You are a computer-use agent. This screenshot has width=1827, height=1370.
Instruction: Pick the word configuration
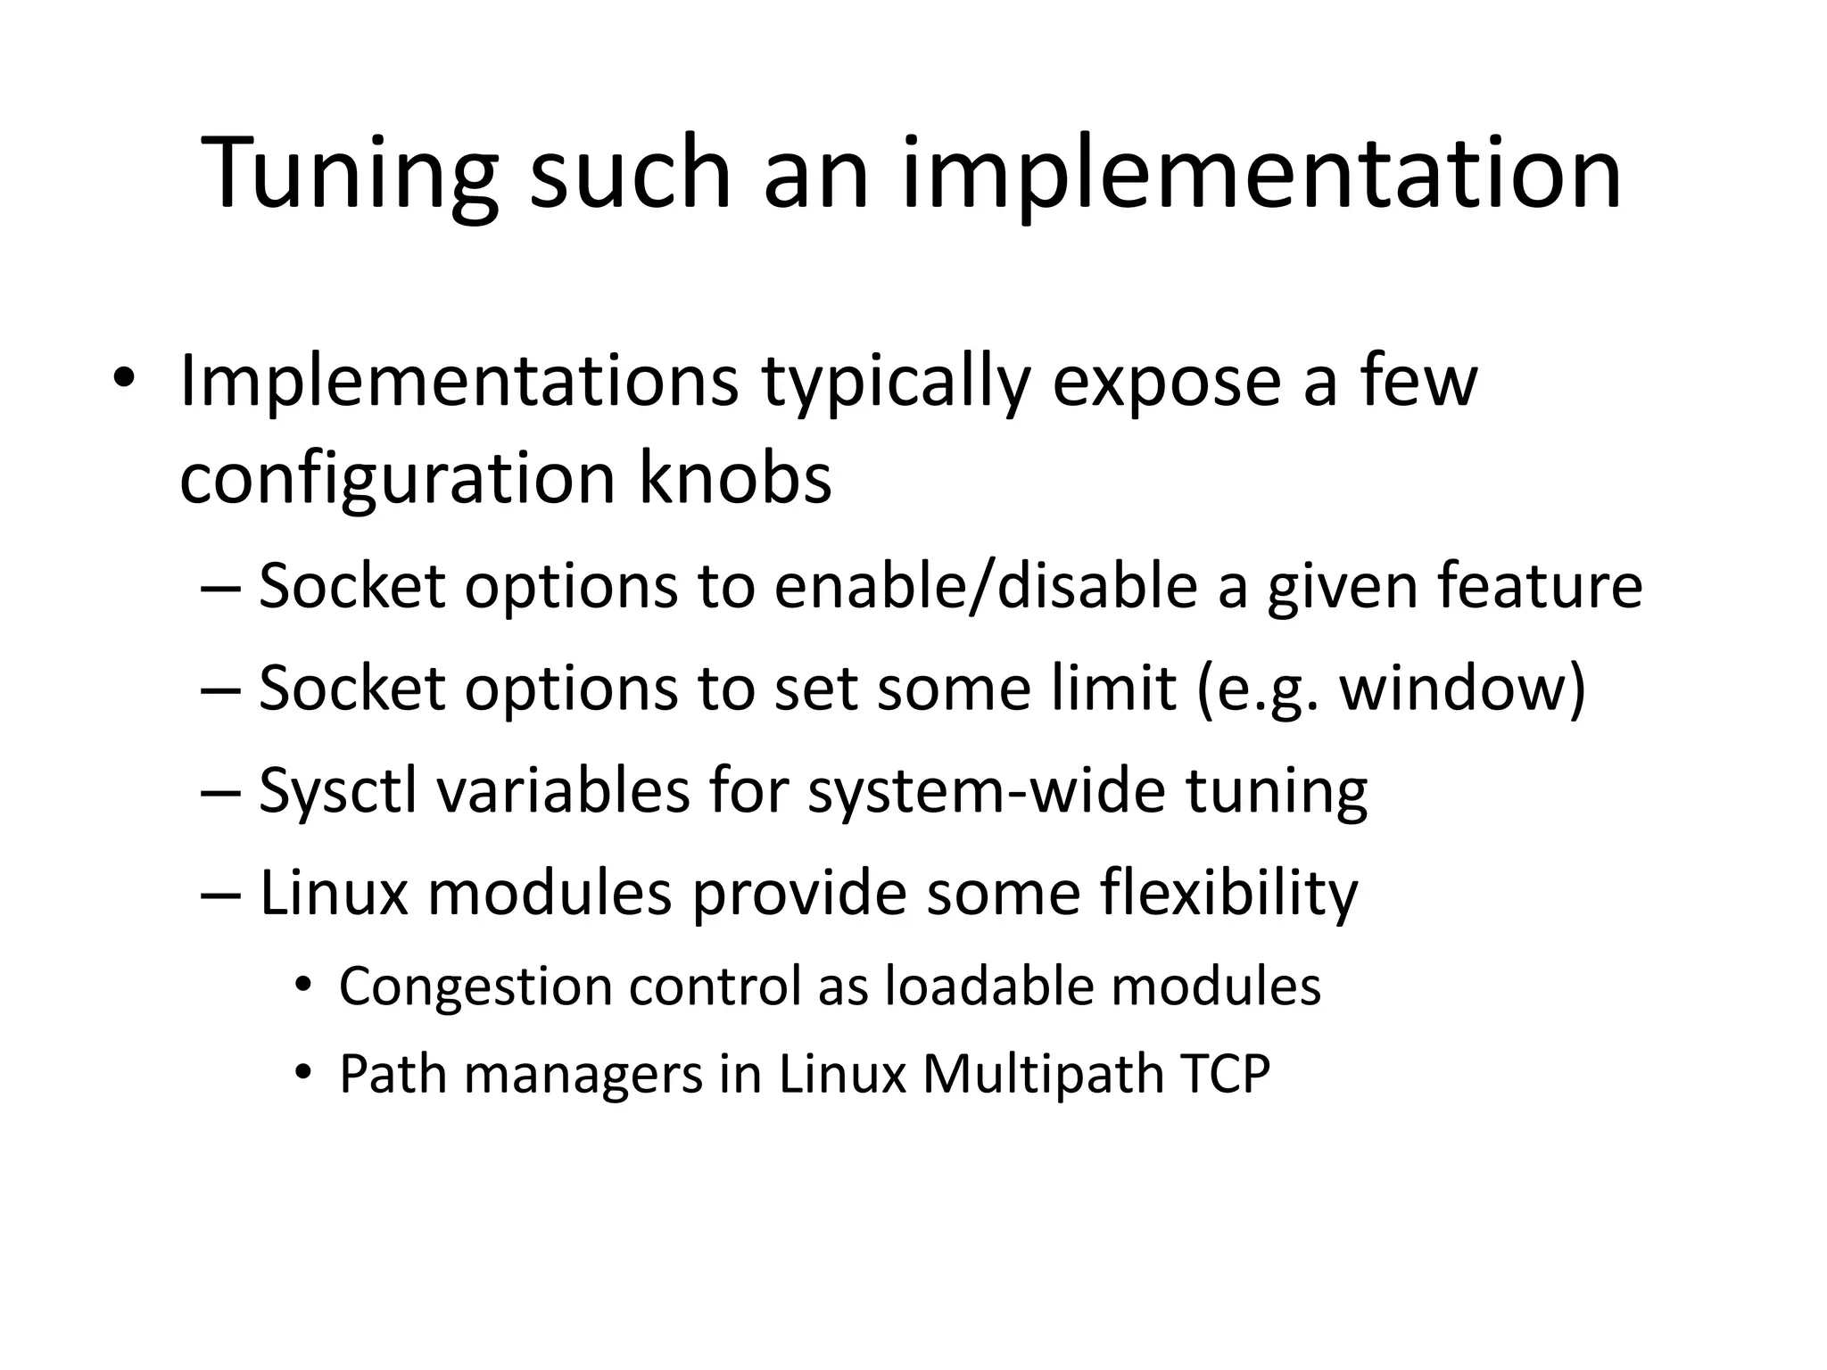point(397,479)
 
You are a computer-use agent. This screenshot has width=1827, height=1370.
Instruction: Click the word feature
point(1540,587)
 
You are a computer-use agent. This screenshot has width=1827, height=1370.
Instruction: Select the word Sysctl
point(338,791)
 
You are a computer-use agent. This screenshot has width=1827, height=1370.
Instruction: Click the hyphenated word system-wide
point(986,791)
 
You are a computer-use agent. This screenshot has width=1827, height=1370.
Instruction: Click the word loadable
point(989,986)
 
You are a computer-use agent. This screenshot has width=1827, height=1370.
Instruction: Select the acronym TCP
point(1225,1074)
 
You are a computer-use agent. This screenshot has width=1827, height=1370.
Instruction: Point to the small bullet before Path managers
point(303,1073)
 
